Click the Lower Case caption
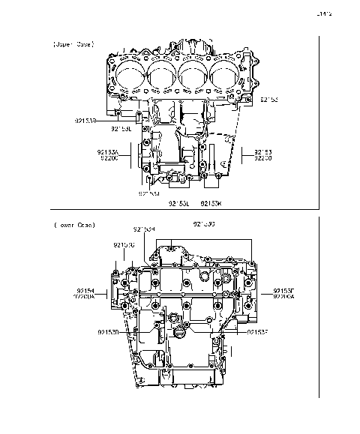(73, 225)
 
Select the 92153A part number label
(108, 151)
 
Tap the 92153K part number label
(211, 203)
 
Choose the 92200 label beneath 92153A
(108, 158)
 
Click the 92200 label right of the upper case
(263, 158)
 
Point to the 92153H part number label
(144, 229)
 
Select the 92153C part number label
(124, 244)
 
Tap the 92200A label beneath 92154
(85, 296)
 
